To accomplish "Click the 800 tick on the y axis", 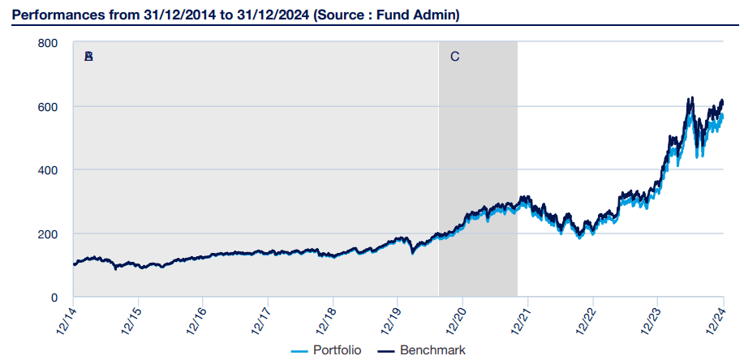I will tap(48, 43).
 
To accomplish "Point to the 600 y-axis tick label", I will tap(48, 106).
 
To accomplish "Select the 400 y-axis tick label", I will tap(48, 170).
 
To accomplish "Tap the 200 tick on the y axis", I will tap(48, 234).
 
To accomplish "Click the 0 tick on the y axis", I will tap(54, 298).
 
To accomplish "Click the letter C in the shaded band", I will tap(454, 57).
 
